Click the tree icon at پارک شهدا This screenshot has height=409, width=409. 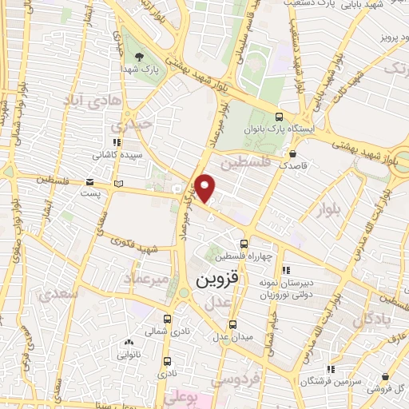[x=141, y=57]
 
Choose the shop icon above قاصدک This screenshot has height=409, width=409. [x=294, y=153]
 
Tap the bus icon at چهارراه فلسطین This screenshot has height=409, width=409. [x=244, y=244]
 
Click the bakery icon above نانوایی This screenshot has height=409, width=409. [x=129, y=342]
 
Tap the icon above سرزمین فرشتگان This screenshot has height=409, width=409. [x=329, y=369]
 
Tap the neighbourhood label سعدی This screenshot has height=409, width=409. [x=58, y=293]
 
